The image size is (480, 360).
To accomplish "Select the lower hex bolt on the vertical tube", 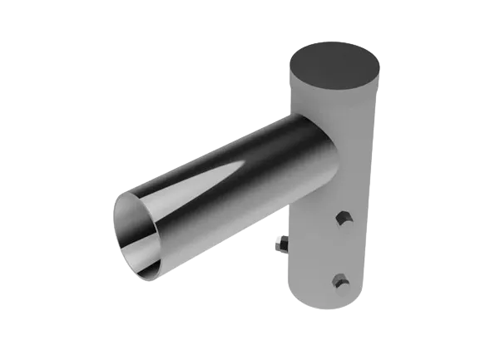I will click(339, 279).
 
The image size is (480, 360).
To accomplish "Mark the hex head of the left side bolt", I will click(279, 245).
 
